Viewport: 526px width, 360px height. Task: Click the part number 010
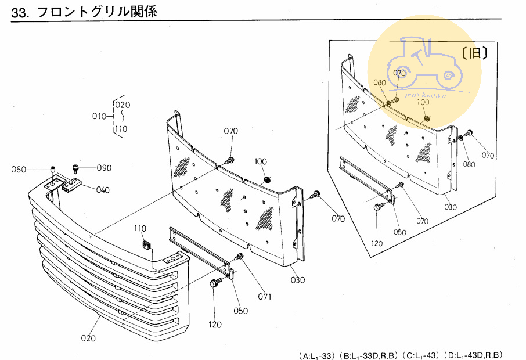(99, 116)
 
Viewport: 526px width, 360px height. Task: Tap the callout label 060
(19, 170)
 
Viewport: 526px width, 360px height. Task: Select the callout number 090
(104, 168)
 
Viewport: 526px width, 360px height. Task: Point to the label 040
(103, 190)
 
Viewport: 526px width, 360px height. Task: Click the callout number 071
(265, 297)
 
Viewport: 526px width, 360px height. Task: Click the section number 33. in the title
(20, 12)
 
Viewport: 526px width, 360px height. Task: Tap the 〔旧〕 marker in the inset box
(474, 53)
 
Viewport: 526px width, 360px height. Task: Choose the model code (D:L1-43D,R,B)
(473, 355)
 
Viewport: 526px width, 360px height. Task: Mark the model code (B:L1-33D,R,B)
(368, 355)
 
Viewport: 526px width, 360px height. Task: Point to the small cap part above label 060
(53, 169)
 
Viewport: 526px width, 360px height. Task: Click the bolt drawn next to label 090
(75, 168)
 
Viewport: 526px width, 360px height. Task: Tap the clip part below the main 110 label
(146, 245)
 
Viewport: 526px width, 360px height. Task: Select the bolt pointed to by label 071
(239, 257)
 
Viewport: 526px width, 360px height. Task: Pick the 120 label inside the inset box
(377, 243)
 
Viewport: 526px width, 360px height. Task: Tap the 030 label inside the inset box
(450, 207)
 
